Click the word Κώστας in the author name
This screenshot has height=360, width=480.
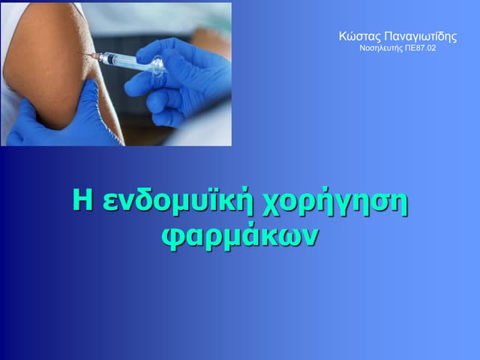(358, 37)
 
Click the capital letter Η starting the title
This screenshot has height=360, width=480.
(82, 202)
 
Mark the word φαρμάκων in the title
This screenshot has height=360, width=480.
(240, 235)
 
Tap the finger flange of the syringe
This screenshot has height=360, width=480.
(157, 68)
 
